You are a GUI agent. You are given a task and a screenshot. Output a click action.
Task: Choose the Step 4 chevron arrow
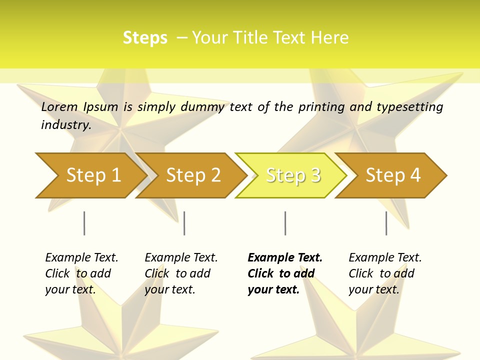pos(393,175)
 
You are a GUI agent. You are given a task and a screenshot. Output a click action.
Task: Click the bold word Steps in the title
pos(145,38)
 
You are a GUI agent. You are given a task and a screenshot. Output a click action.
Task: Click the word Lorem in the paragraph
pos(59,107)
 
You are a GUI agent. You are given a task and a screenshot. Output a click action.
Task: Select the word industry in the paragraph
pos(65,124)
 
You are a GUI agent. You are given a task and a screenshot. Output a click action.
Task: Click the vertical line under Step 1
pos(84,223)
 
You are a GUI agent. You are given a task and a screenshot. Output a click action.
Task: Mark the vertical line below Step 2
pos(184,223)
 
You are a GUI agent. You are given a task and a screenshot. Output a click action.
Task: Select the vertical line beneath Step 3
pos(285,223)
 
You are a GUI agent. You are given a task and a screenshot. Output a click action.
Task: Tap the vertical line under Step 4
pos(386,223)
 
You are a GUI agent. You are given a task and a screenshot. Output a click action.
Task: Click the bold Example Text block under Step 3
pos(284,273)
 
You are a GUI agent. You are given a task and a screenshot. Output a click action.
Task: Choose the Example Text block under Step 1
pos(81,273)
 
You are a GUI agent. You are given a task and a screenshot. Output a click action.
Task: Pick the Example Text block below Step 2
pos(181,273)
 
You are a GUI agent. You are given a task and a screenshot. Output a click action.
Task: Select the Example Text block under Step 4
pos(385,273)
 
